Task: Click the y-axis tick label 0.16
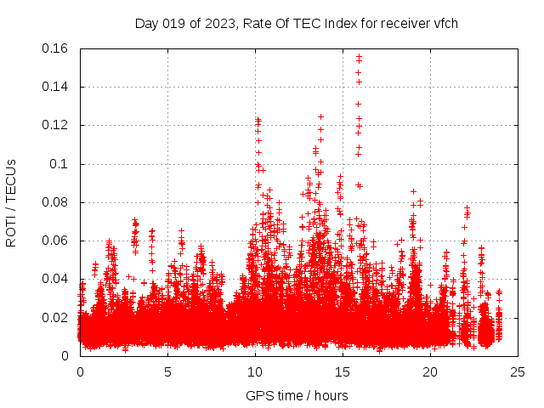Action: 57,48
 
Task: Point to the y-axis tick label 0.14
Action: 57,87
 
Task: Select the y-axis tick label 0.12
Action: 57,125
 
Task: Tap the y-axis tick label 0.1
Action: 61,164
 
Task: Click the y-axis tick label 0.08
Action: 57,202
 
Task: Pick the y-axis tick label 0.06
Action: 57,241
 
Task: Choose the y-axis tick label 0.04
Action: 57,279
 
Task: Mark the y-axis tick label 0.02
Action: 57,318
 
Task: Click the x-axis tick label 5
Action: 167,371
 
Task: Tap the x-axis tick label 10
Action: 255,371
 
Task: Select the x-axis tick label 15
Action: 343,371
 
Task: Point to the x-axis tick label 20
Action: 430,371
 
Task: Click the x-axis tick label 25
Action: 518,371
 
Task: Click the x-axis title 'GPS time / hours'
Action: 297,395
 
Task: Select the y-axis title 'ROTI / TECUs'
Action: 11,202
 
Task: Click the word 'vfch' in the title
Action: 445,23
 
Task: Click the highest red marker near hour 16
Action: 359,56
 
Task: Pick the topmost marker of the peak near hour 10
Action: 258,119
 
